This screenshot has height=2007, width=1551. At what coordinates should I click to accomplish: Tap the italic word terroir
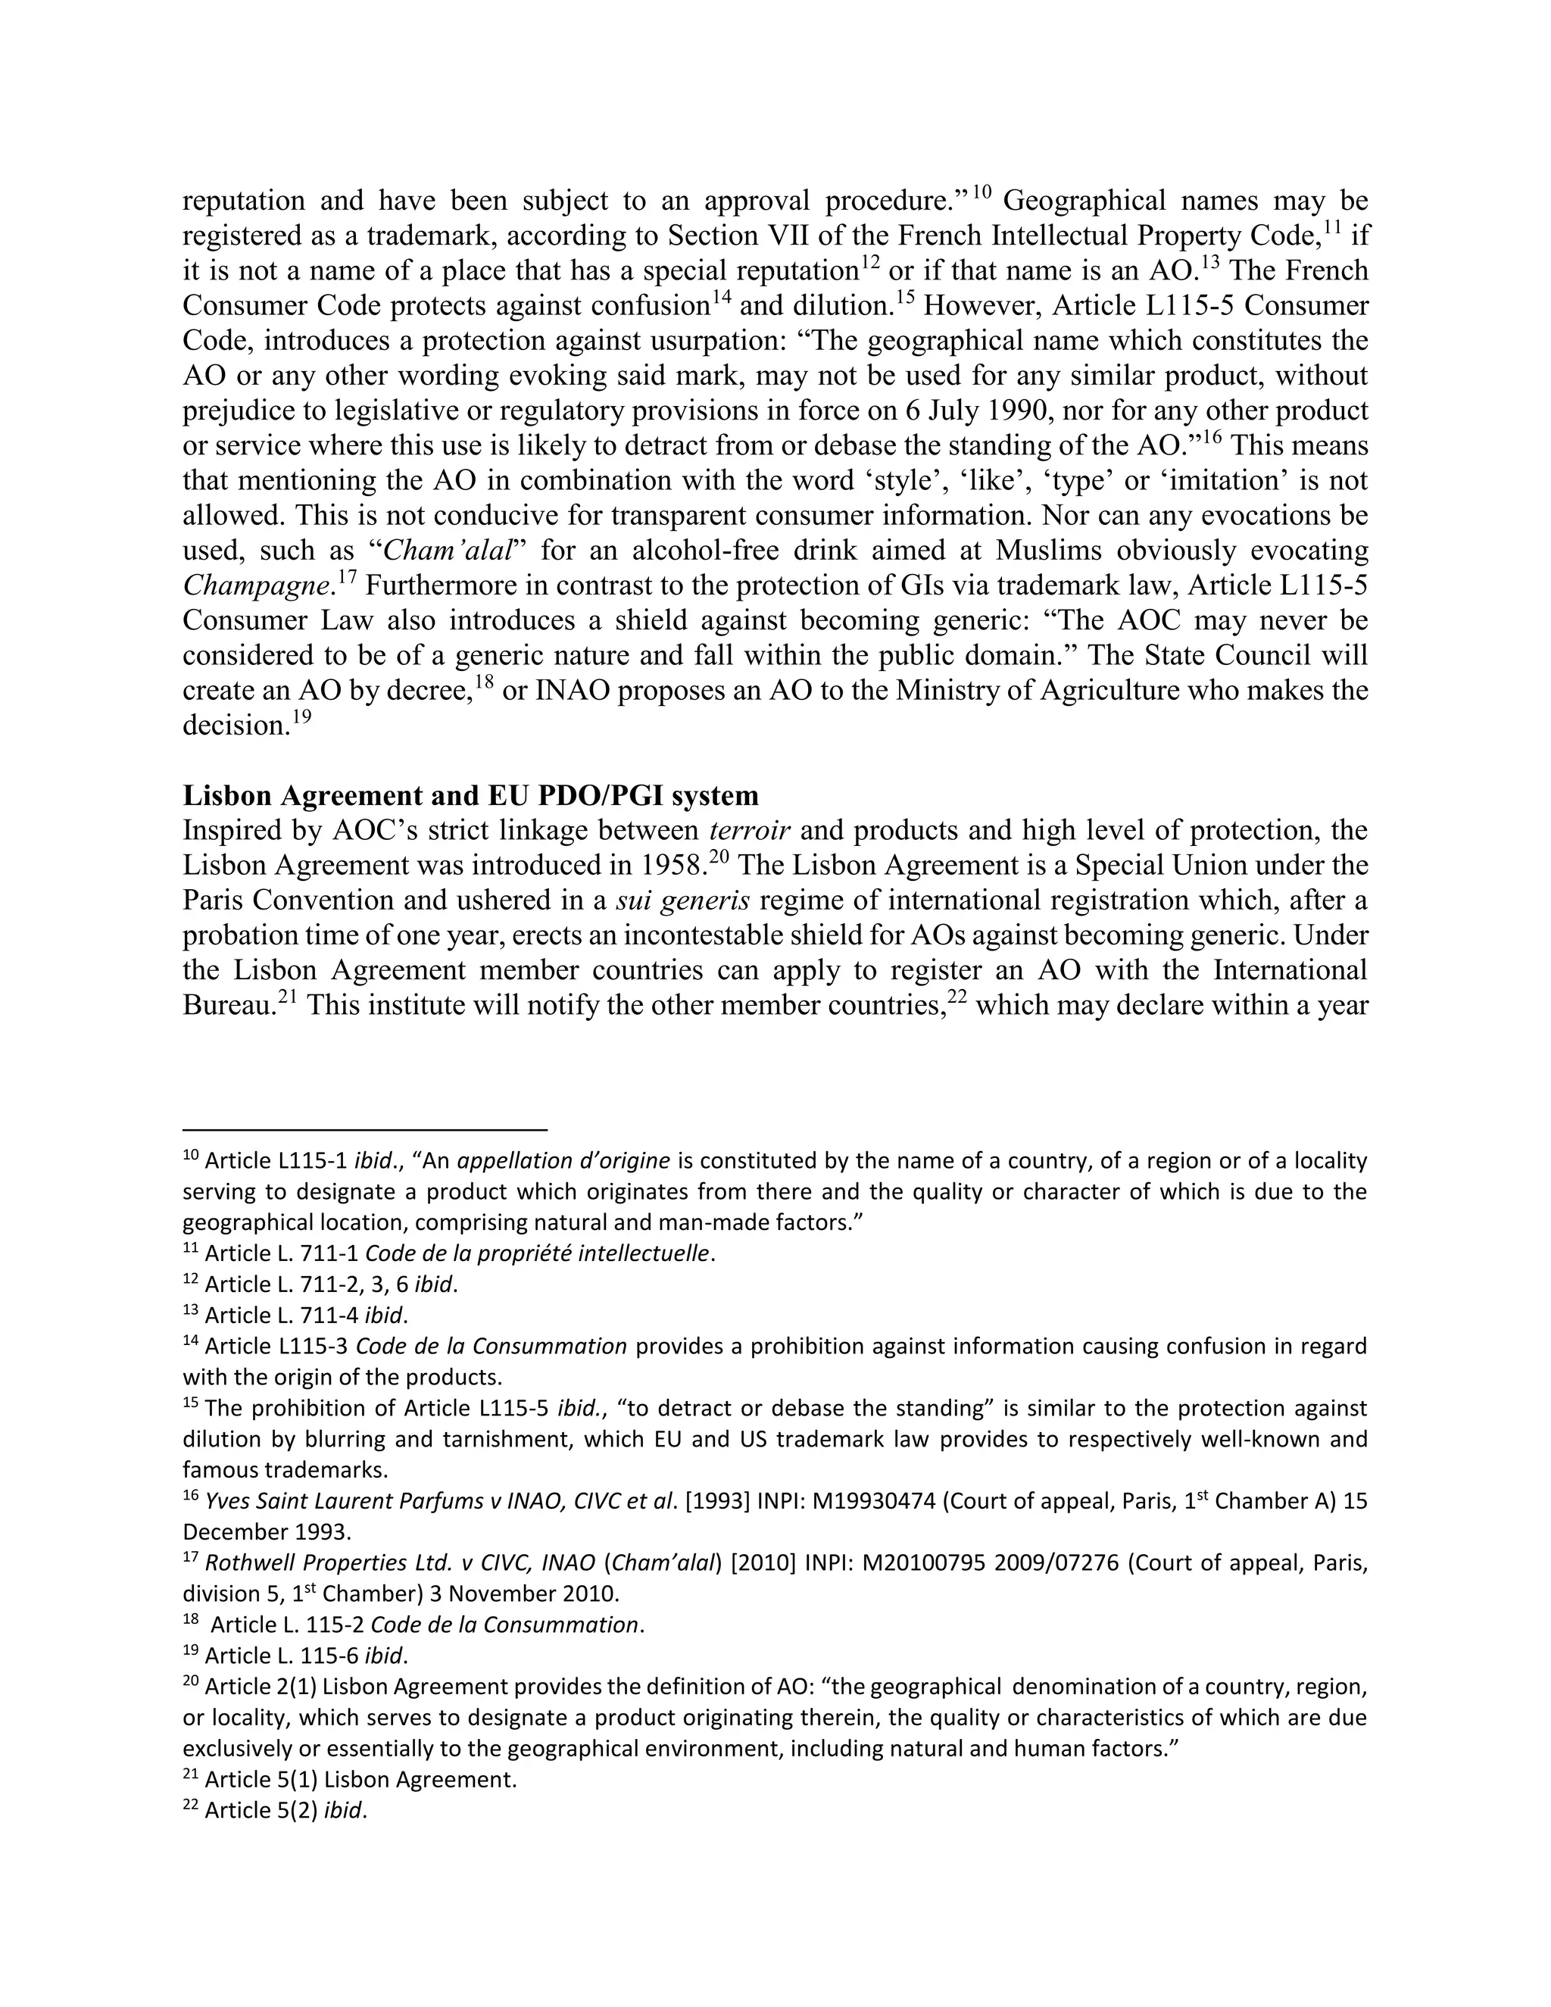coord(750,831)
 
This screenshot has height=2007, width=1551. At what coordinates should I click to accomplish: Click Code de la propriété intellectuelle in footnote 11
coord(538,1253)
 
